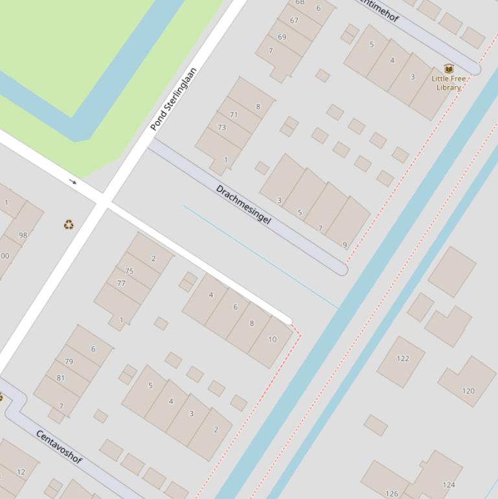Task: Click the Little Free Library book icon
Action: tap(448, 69)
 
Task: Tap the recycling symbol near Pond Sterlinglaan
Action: tap(69, 224)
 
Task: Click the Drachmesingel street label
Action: tap(243, 204)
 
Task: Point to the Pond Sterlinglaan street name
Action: tap(174, 99)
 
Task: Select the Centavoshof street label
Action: tap(59, 446)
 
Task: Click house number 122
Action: tap(403, 358)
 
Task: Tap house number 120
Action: tap(468, 391)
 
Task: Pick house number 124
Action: tap(449, 484)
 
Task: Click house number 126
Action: tap(392, 493)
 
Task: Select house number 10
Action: tap(272, 339)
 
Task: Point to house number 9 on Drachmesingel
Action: tap(345, 245)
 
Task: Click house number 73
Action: tap(221, 127)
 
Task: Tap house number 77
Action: tap(121, 283)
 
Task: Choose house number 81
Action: tap(60, 378)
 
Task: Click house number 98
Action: tap(23, 235)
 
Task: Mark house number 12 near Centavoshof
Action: tap(21, 472)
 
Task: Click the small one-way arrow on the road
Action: tap(73, 182)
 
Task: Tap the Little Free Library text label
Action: tap(448, 83)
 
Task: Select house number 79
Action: tap(69, 362)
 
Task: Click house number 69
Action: tap(282, 37)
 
